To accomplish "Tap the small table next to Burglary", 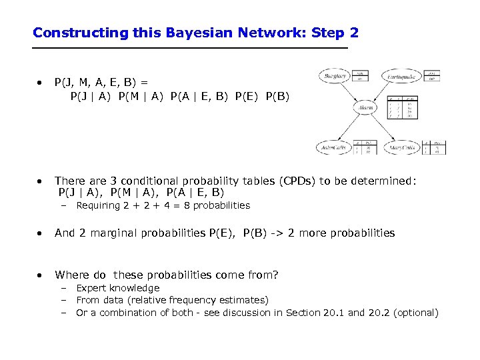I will pyautogui.click(x=361, y=76).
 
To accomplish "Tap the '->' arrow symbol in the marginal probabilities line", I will pyautogui.click(x=278, y=233).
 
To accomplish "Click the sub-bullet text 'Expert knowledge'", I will pyautogui.click(x=118, y=288).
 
